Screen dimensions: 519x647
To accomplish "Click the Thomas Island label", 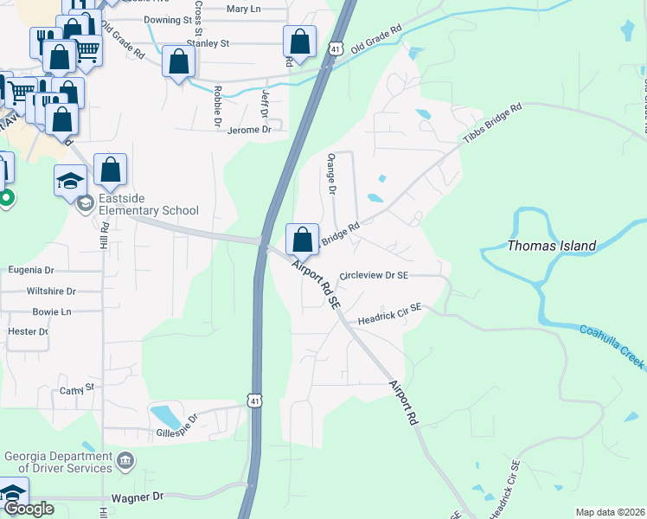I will [x=551, y=246].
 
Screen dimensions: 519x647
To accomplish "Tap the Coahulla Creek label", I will [x=612, y=346].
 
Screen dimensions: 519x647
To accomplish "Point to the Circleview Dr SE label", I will [x=374, y=275].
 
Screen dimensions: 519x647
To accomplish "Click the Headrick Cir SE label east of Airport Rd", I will [x=389, y=312].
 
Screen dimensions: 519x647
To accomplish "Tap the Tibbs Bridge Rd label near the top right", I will [x=493, y=125].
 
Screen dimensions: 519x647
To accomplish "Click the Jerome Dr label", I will [x=249, y=130].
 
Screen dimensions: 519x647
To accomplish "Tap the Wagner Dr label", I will [x=138, y=497].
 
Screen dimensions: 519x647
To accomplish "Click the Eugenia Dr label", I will [x=30, y=270].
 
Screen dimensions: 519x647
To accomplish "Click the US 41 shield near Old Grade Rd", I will [x=335, y=49].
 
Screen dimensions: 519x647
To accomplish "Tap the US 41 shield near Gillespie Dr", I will [x=253, y=400].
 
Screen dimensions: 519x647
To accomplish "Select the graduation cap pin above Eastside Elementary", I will [x=70, y=181].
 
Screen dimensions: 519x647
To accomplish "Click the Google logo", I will [x=29, y=509].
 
